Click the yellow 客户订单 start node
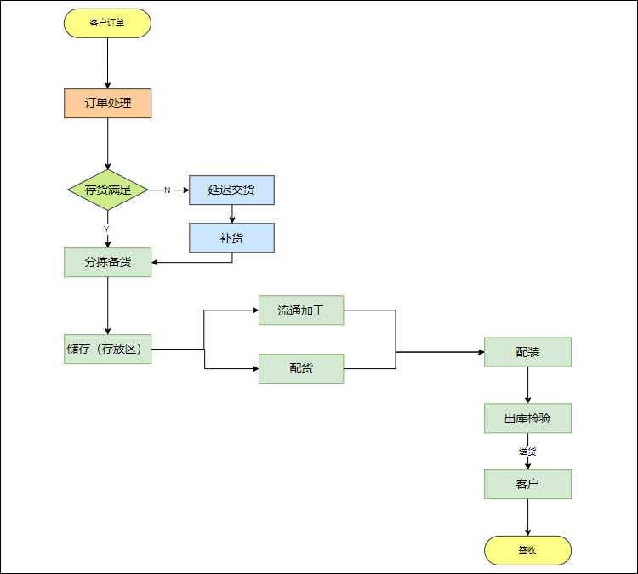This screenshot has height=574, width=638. (107, 23)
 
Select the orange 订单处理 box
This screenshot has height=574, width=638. (108, 104)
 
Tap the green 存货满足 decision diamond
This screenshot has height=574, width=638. (108, 190)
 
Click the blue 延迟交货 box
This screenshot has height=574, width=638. (232, 190)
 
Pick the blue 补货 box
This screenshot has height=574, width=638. (232, 237)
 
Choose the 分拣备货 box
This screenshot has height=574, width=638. (108, 263)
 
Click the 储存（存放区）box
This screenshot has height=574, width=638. (108, 349)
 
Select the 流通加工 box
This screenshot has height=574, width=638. (301, 310)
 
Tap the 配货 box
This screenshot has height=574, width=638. (301, 368)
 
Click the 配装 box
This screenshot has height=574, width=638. (527, 352)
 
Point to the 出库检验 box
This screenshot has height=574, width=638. (527, 418)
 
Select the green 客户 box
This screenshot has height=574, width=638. (527, 484)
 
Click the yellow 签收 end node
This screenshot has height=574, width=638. (527, 550)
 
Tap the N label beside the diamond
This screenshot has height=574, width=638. (168, 190)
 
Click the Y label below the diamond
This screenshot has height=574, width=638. (106, 229)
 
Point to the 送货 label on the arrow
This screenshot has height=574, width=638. (527, 452)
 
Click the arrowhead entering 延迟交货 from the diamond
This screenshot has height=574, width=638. (186, 190)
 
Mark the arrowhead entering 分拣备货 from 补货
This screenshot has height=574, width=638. (155, 263)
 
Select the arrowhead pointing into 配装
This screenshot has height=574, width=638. (481, 352)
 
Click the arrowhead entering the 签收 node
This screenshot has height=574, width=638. (527, 532)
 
